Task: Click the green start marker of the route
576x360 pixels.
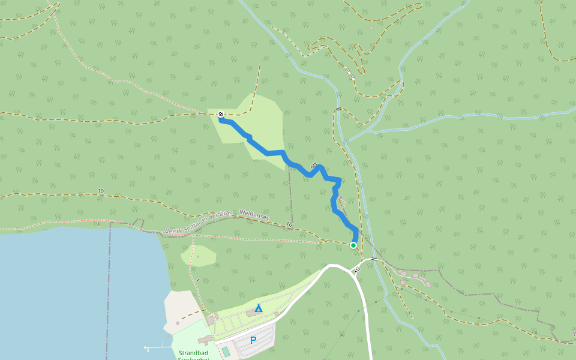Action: click(353, 245)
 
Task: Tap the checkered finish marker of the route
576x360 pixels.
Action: click(221, 114)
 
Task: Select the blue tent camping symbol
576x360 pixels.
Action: click(258, 308)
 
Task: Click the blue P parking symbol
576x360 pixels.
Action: click(253, 340)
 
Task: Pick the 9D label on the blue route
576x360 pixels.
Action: click(314, 166)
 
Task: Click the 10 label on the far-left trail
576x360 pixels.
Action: click(100, 191)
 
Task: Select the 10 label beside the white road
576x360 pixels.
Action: click(358, 270)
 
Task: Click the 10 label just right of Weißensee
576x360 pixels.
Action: click(289, 225)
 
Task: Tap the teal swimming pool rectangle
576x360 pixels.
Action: click(225, 350)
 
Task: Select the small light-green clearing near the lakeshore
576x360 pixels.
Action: click(199, 254)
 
